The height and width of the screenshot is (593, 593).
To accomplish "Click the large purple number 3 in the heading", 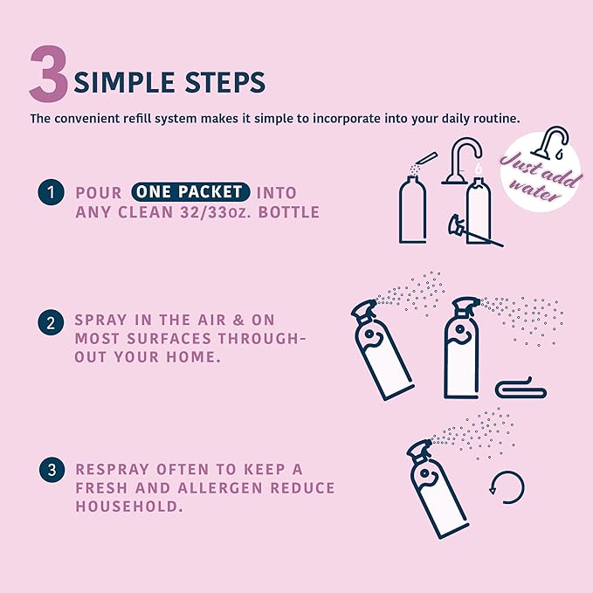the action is tap(49, 73).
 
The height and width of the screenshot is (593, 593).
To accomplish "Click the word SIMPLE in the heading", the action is tap(124, 82).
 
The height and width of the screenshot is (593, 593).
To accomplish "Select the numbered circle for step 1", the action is tap(51, 192).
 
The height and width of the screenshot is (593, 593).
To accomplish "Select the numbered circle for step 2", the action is tap(51, 322).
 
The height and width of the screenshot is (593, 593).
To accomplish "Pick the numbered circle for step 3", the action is tap(52, 470).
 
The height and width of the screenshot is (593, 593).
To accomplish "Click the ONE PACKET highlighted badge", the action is tap(190, 192).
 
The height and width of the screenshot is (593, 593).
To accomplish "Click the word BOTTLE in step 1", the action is tap(289, 212).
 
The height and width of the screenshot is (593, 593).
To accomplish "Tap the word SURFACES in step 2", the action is tap(169, 339).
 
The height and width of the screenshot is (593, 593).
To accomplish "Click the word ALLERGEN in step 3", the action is tap(220, 488).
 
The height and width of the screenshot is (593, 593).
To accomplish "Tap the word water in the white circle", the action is tap(534, 190).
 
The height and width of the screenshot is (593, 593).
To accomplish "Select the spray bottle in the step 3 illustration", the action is tap(438, 489).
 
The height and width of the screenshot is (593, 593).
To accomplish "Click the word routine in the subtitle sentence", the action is tap(499, 119).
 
